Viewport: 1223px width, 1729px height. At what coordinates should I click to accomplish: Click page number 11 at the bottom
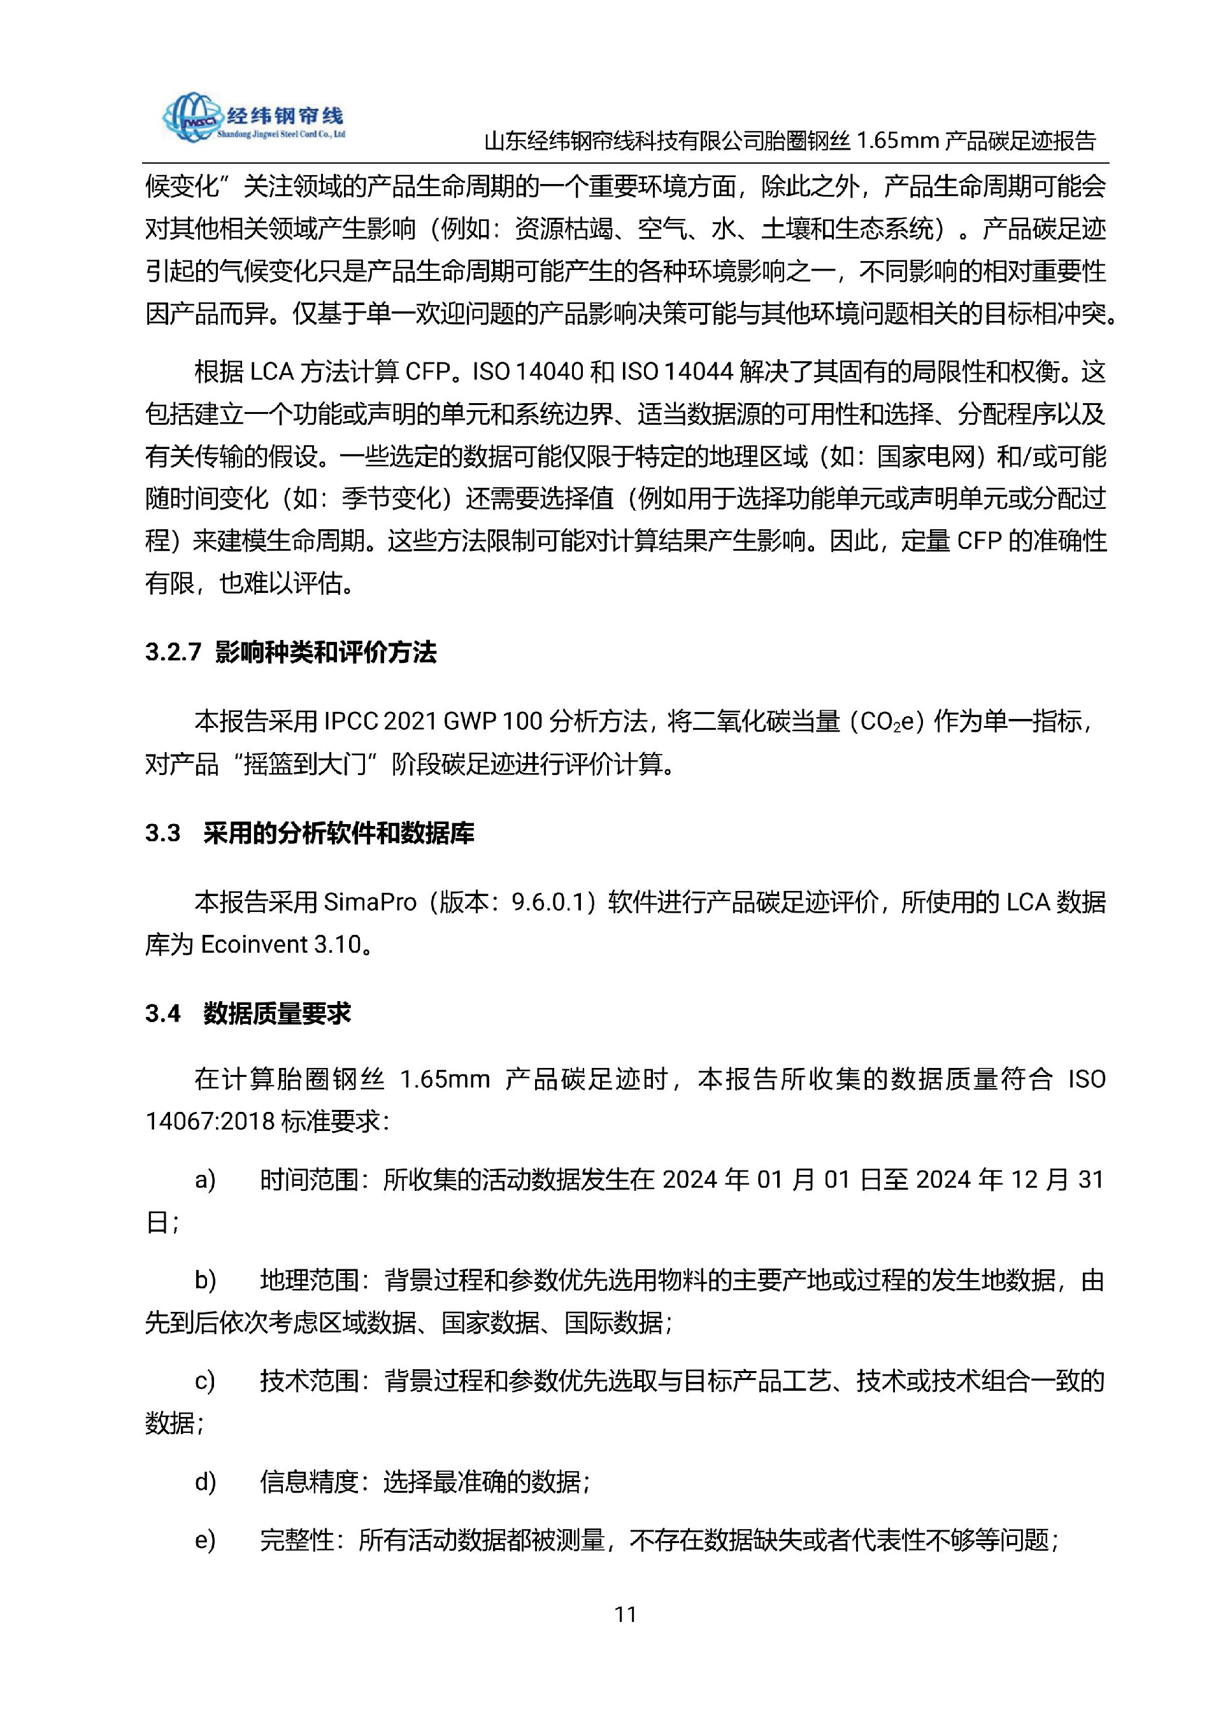coord(626,1614)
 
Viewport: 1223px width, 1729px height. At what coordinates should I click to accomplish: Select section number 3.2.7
coord(173,652)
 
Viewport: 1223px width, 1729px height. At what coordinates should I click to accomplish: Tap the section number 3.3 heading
coord(162,833)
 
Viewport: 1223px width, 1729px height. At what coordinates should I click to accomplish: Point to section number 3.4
coord(162,1014)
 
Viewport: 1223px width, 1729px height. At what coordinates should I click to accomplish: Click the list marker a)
coord(205,1179)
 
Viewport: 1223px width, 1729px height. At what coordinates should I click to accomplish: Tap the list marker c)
coord(205,1381)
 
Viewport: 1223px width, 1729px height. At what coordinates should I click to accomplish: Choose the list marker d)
coord(205,1482)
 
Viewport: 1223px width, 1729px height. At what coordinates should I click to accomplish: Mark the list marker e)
coord(205,1540)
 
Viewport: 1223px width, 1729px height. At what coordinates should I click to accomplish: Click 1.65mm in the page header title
coord(896,141)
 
